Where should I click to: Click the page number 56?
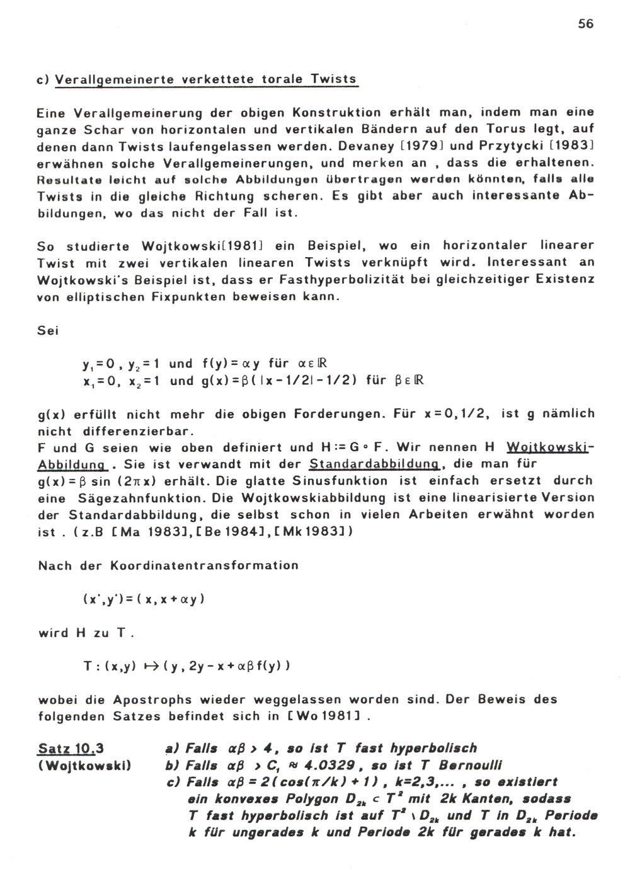pyautogui.click(x=585, y=24)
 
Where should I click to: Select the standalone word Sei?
pyautogui.click(x=48, y=331)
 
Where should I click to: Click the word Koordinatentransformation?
pyautogui.click(x=204, y=565)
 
